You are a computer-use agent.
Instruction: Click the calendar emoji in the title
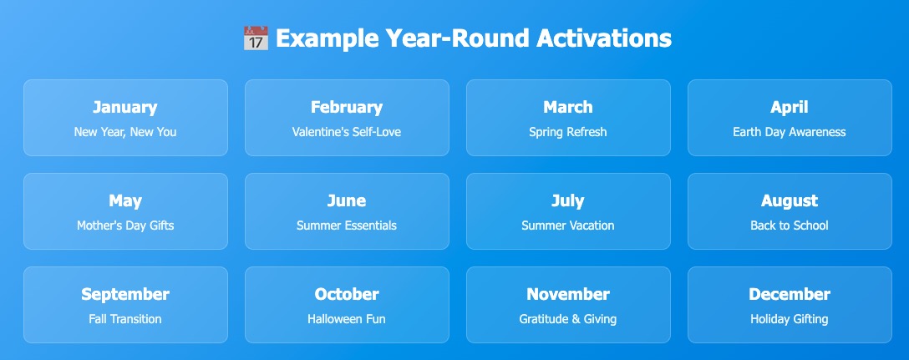[256, 38]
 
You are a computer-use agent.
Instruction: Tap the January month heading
[125, 107]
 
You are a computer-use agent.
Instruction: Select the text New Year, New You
[125, 132]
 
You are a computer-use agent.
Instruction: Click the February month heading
[347, 107]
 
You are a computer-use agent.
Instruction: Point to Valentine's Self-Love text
[347, 132]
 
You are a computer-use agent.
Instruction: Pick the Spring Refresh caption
[568, 132]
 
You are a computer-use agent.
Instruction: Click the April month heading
[790, 107]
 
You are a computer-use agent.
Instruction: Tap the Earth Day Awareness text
[790, 132]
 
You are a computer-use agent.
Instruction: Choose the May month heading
[125, 201]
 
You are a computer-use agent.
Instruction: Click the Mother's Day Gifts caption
[125, 226]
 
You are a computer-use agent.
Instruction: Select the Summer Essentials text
[347, 226]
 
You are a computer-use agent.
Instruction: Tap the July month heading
[568, 201]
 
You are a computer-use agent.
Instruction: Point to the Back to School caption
[790, 226]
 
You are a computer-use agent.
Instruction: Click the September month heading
[125, 295]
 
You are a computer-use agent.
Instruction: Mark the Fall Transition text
[125, 319]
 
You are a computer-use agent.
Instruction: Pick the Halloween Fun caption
[347, 319]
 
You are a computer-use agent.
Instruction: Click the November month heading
[568, 295]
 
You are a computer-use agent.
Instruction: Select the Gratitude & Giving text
[568, 319]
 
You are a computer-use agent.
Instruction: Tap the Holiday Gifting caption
[790, 319]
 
